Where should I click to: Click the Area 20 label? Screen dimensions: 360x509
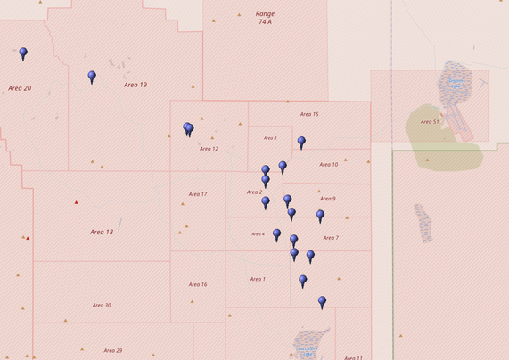point(20,88)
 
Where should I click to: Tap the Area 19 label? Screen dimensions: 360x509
point(135,85)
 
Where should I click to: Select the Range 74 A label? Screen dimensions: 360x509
point(265,18)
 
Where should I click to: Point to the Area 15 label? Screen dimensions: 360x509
point(309,114)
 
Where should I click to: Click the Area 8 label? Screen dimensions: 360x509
point(269,138)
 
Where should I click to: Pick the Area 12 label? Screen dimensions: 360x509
point(209,149)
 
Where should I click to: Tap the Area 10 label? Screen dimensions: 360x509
point(328,165)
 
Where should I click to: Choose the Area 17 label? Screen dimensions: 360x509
point(198,194)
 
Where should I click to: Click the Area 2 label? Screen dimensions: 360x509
point(254,192)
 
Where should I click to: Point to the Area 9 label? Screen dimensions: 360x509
point(327,199)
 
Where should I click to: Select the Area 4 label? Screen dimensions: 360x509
point(258,234)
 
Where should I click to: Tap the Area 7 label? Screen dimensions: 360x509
point(331,238)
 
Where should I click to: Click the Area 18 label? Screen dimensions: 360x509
point(102,232)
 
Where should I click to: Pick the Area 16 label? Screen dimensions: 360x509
point(198,284)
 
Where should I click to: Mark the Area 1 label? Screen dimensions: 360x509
point(258,279)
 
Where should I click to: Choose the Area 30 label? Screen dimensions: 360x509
point(102,306)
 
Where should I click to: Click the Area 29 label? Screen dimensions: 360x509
point(112,350)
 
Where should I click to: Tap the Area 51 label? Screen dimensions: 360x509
point(430,121)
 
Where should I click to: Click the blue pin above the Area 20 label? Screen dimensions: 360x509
point(23,53)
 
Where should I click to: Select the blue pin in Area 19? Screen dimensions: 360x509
point(92,77)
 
